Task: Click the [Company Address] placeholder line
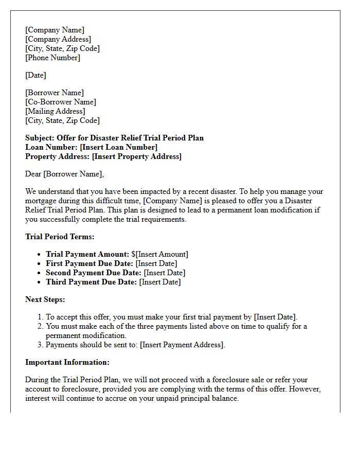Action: click(x=58, y=39)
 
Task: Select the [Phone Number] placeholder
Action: click(x=52, y=58)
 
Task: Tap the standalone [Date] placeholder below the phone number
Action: click(x=35, y=75)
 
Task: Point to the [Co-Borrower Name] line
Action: click(x=61, y=102)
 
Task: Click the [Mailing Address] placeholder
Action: click(x=55, y=111)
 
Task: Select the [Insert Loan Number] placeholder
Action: click(x=118, y=147)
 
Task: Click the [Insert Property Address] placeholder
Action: click(x=136, y=156)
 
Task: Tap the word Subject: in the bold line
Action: click(x=40, y=138)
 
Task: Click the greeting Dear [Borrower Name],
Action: click(x=64, y=174)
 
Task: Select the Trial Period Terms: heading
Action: click(x=60, y=237)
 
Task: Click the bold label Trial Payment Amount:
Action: click(x=87, y=254)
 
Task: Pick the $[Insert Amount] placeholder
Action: click(x=160, y=254)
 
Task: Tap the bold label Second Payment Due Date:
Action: click(x=94, y=273)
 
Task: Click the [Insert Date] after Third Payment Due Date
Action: click(x=160, y=282)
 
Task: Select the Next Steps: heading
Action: click(x=45, y=299)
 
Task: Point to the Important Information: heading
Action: click(x=67, y=362)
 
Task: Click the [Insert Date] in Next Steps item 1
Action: click(x=275, y=317)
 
